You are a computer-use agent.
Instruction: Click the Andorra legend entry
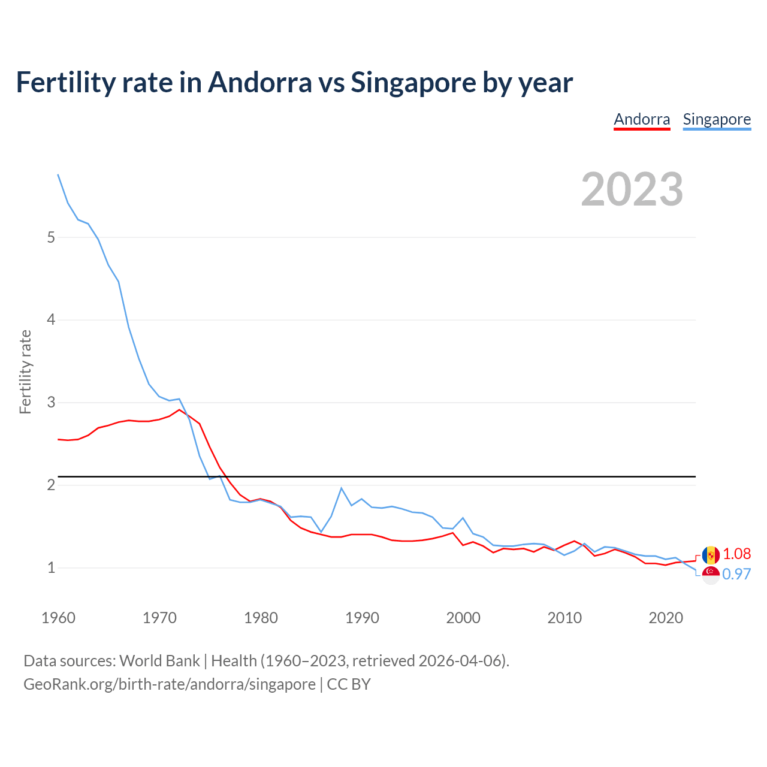pos(642,119)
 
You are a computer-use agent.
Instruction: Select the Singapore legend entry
pos(717,119)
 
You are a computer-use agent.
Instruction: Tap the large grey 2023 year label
pos(632,189)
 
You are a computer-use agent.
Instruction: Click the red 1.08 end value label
pos(736,554)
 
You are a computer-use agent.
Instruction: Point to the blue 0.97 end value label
pos(736,574)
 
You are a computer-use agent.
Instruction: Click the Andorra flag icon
pos(711,555)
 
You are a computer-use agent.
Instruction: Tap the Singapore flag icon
pos(711,575)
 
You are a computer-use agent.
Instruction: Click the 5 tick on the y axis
pos(51,237)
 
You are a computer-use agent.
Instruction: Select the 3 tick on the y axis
pos(51,402)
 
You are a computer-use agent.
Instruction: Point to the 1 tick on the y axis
pos(51,567)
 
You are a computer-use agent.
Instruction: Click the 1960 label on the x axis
pos(58,618)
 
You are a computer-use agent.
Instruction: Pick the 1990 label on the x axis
pos(362,618)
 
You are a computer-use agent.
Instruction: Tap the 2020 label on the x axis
pos(666,618)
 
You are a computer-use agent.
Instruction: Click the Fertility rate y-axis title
pos(25,372)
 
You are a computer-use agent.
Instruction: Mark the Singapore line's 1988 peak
pos(341,488)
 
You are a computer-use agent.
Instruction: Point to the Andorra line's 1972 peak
pos(179,409)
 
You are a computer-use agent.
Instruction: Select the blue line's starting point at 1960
pos(58,174)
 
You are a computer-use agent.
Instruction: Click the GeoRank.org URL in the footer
pos(170,684)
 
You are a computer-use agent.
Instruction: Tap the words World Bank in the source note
pos(159,661)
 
